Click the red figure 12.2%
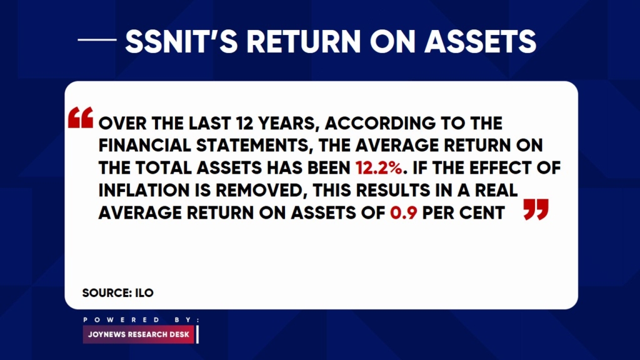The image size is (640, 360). coord(379,167)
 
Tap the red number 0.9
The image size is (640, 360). coord(403,212)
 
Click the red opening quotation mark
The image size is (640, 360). coord(81,117)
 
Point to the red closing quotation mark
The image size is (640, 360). coord(536,209)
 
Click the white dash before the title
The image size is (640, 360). coord(97,39)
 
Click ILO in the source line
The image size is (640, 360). coord(144,292)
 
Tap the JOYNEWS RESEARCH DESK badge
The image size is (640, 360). coord(139,334)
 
